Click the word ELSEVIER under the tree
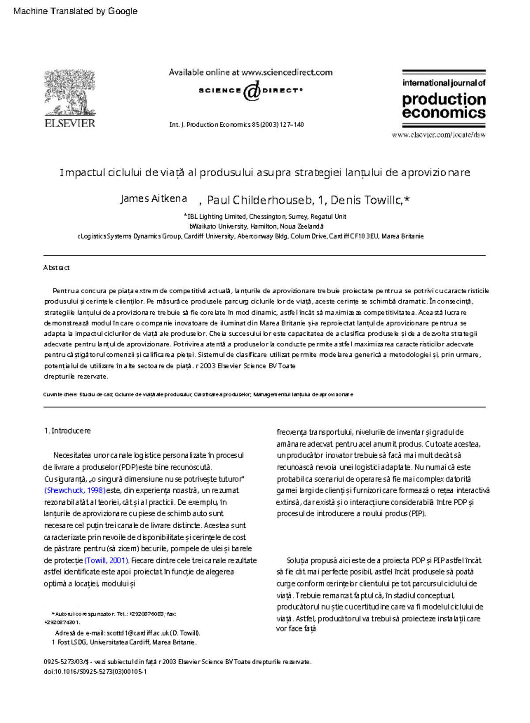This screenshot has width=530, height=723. (70, 123)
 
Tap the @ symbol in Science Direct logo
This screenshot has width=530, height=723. (251, 91)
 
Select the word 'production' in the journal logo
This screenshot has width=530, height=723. (443, 99)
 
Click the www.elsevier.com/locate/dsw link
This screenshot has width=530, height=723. (438, 135)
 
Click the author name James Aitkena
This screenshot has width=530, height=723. (153, 199)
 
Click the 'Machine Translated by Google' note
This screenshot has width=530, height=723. (76, 11)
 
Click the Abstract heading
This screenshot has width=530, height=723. (56, 268)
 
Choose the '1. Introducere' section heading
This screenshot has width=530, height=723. (67, 431)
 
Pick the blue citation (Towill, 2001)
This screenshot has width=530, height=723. (106, 560)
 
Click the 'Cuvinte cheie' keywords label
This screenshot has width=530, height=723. (60, 394)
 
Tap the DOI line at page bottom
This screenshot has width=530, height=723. (95, 671)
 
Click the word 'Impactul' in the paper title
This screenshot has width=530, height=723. (82, 173)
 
